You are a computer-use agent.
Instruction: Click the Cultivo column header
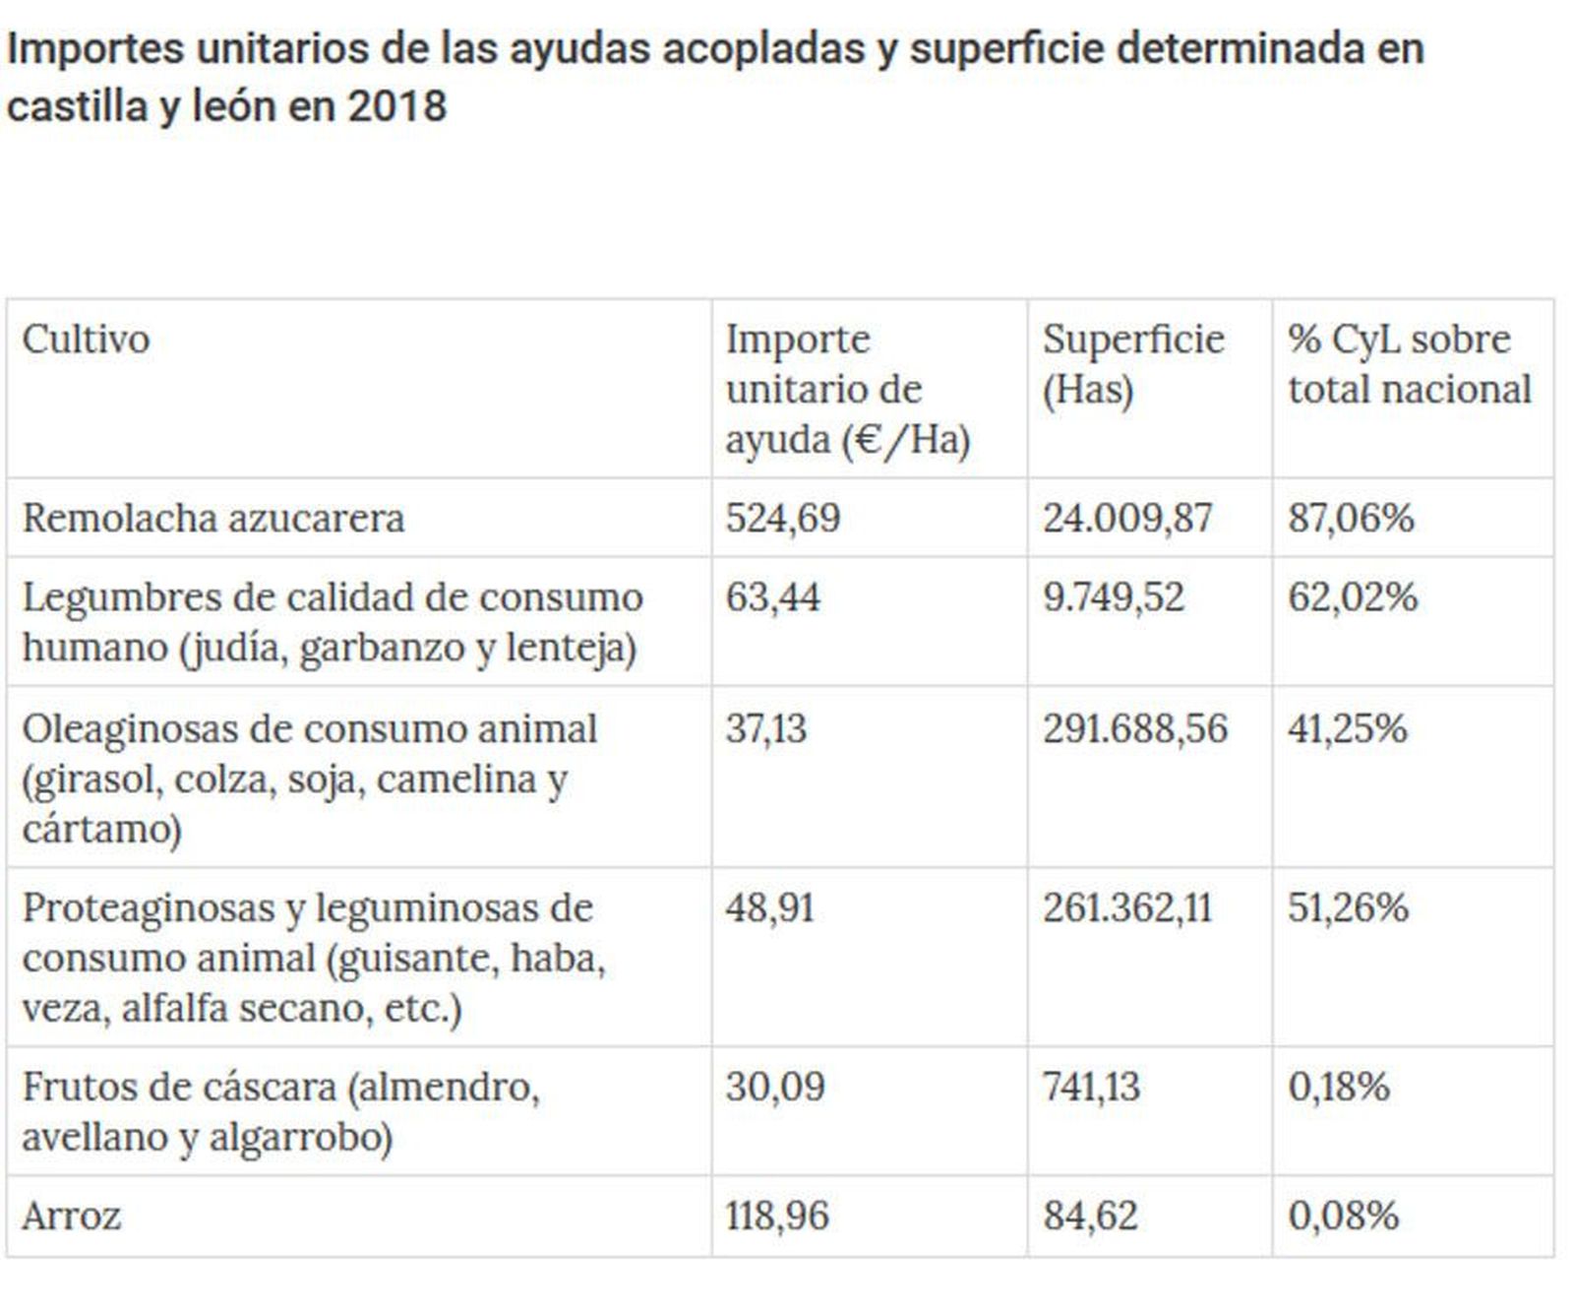click(86, 340)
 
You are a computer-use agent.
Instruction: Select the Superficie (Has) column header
click(1132, 364)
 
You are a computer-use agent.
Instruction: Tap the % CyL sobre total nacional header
click(1409, 364)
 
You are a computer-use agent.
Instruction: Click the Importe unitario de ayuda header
click(847, 389)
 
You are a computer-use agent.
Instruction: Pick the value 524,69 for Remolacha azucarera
click(783, 518)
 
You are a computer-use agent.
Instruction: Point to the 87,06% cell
click(1351, 518)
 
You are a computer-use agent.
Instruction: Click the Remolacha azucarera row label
click(212, 518)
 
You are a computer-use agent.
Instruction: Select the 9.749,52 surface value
click(1113, 597)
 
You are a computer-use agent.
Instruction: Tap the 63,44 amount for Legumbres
click(772, 597)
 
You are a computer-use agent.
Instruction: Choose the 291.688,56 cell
click(1134, 729)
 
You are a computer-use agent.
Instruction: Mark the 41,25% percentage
click(1347, 729)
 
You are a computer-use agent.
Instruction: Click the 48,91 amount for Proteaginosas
click(770, 907)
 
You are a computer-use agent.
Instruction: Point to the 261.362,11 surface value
click(1126, 907)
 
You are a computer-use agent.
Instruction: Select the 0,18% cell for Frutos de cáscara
click(1338, 1087)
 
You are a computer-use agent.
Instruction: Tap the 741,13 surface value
click(1090, 1087)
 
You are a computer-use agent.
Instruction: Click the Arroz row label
click(71, 1217)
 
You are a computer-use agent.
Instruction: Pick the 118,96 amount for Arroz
click(777, 1217)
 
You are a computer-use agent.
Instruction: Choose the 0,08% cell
click(1343, 1217)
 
